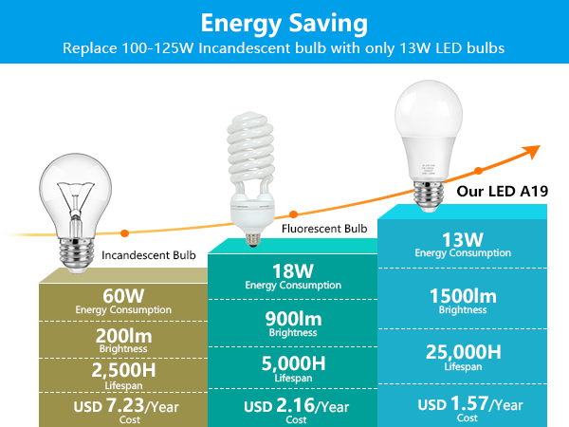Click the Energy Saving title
[284, 21]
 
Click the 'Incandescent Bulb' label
[149, 255]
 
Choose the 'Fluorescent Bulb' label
[323, 229]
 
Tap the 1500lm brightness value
[463, 295]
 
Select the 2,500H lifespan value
[124, 370]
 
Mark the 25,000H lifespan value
[463, 353]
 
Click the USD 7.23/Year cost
[124, 408]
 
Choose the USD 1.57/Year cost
[470, 404]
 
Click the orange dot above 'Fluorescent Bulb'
[293, 215]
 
